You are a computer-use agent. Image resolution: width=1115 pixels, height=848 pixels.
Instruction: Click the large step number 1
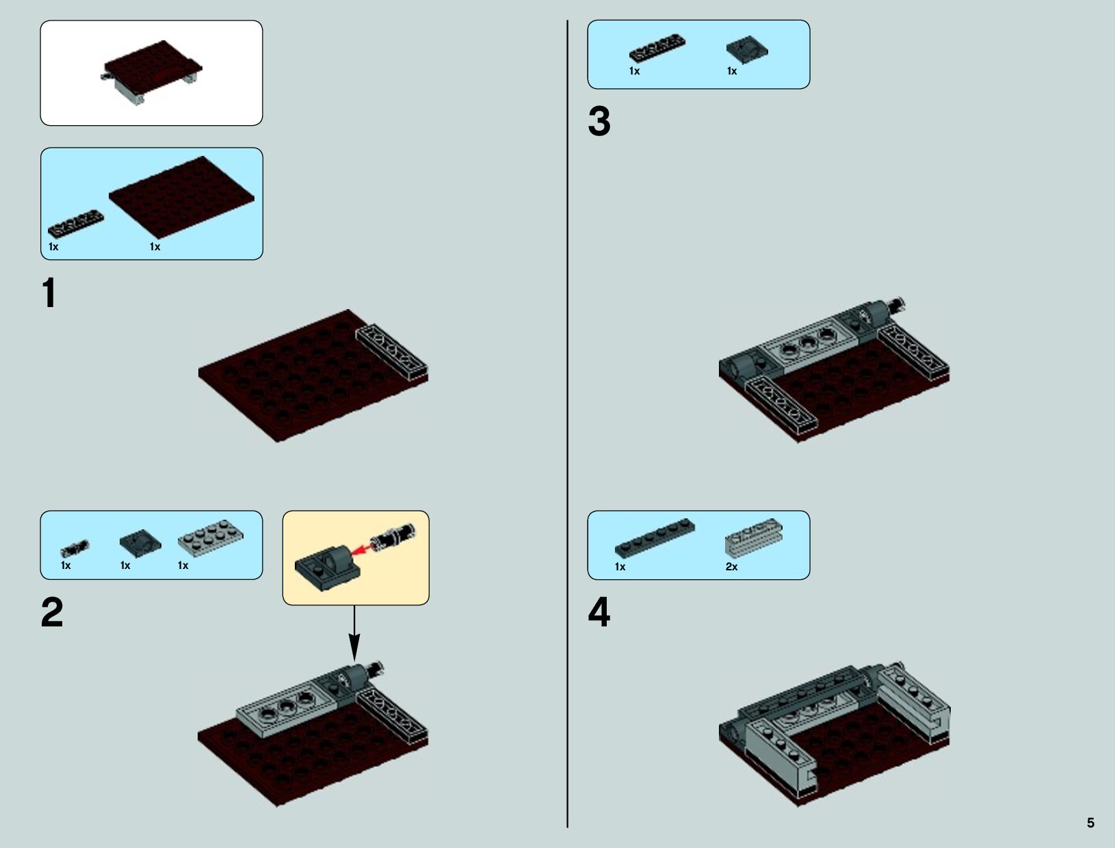coord(49,293)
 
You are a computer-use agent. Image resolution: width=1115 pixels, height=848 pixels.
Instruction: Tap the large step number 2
coord(52,612)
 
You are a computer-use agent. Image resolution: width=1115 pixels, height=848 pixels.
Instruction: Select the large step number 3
coord(599,121)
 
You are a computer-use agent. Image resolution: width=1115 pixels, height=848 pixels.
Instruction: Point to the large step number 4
coord(599,612)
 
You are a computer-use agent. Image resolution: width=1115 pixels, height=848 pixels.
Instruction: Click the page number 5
coord(1090,823)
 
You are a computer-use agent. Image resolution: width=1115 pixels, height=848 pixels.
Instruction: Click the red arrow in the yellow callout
coord(362,549)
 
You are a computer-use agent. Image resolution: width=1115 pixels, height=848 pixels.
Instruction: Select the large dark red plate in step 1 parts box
coord(182,197)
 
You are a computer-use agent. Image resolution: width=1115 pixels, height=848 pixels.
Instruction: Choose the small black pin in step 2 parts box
coord(75,548)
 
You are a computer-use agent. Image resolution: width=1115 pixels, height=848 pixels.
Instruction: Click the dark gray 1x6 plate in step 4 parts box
coord(654,538)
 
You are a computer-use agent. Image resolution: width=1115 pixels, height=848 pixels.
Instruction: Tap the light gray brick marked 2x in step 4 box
coord(754,538)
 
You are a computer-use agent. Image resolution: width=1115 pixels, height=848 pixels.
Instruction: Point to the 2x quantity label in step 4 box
coord(731,567)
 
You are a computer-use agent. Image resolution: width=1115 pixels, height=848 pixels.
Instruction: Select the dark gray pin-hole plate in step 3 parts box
coord(747,50)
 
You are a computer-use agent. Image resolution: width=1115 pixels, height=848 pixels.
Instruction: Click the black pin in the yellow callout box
coord(393,538)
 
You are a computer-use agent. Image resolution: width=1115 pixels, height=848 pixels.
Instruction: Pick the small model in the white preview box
coord(151,72)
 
